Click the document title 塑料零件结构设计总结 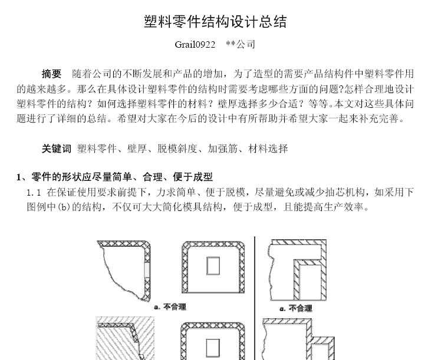(x=215, y=22)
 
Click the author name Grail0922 (x=195, y=44)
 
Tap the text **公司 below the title (x=241, y=44)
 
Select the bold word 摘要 (x=52, y=74)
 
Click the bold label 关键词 (x=57, y=148)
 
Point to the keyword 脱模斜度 (x=177, y=148)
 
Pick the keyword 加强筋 (x=222, y=148)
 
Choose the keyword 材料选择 (x=268, y=148)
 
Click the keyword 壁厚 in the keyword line (x=137, y=148)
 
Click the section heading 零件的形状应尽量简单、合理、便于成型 (x=122, y=177)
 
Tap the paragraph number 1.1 (x=34, y=193)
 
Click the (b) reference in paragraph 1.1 (x=64, y=207)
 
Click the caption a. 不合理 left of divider (x=170, y=307)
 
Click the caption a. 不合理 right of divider (x=296, y=309)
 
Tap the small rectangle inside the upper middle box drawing (x=213, y=266)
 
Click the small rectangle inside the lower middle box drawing (x=213, y=348)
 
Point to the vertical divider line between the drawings (x=255, y=298)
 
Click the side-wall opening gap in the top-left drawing (x=147, y=270)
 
